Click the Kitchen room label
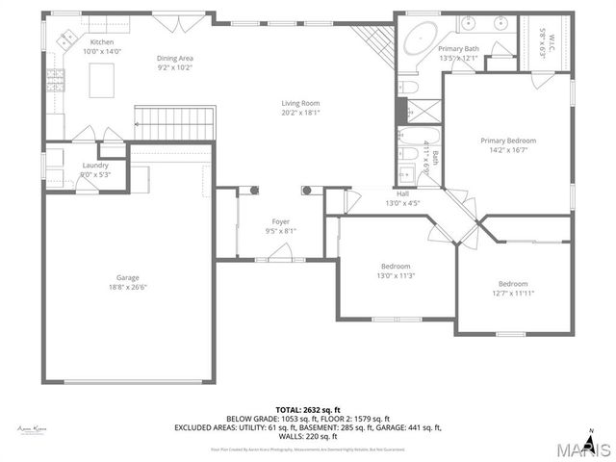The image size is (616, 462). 102,43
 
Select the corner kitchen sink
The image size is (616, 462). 68,39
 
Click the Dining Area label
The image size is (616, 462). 175,58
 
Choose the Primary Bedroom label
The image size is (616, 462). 508,141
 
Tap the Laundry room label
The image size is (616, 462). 95,166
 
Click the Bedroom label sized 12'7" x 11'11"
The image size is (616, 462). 512,283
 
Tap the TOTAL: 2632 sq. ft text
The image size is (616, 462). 307,409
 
